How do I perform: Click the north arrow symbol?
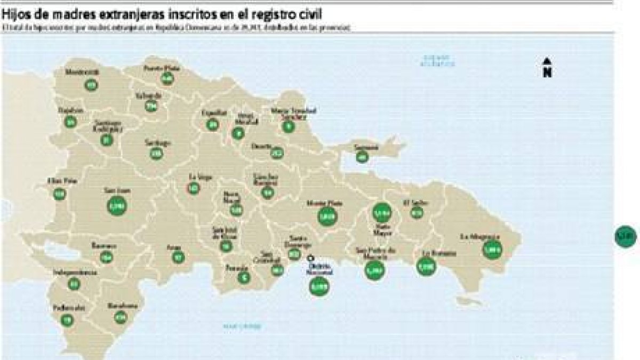pyautogui.click(x=547, y=68)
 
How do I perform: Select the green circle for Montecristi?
pyautogui.click(x=91, y=84)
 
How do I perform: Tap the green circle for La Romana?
pyautogui.click(x=426, y=266)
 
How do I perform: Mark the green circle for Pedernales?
pyautogui.click(x=67, y=320)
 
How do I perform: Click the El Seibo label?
pyautogui.click(x=416, y=203)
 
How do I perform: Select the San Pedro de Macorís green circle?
pyautogui.click(x=375, y=270)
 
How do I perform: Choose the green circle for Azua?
pyautogui.click(x=177, y=257)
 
